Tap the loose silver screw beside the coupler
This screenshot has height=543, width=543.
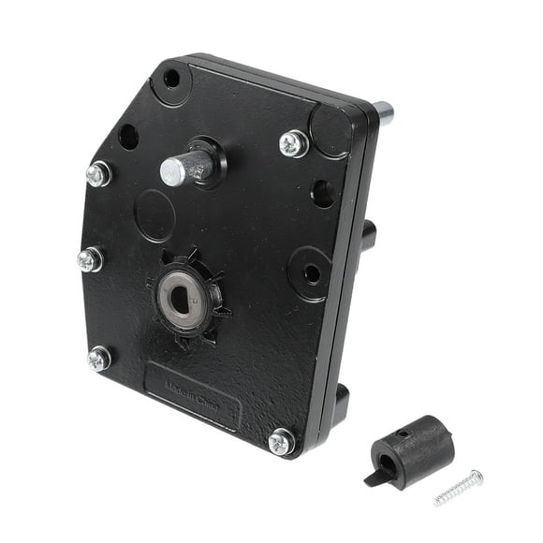pyautogui.click(x=459, y=488)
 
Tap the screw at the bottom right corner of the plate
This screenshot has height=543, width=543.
pyautogui.click(x=280, y=441)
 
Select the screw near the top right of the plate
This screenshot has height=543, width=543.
pyautogui.click(x=293, y=143)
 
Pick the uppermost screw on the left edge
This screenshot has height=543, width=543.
pyautogui.click(x=97, y=174)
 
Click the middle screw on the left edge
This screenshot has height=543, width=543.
pyautogui.click(x=89, y=259)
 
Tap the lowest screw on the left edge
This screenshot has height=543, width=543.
pyautogui.click(x=98, y=358)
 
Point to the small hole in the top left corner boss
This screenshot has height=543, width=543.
pyautogui.click(x=170, y=79)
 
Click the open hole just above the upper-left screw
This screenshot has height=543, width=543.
pyautogui.click(x=128, y=137)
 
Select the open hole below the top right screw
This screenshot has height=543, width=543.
pyautogui.click(x=322, y=194)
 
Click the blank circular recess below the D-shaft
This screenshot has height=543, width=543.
pyautogui.click(x=154, y=215)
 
